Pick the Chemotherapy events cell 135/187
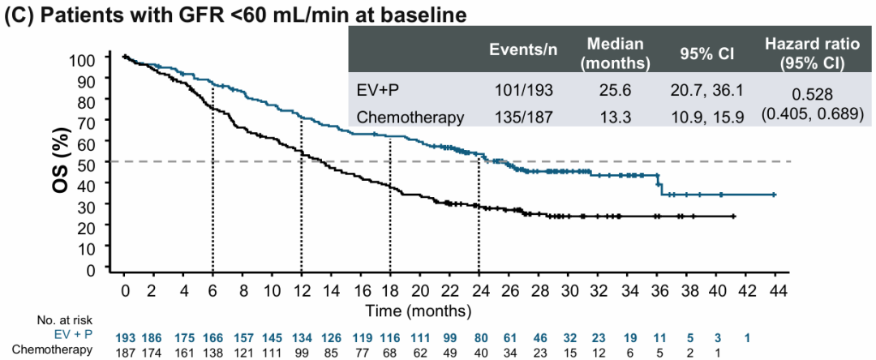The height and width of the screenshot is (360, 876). [524, 117]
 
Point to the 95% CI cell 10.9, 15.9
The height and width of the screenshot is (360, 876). [706, 117]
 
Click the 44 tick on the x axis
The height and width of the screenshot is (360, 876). [776, 291]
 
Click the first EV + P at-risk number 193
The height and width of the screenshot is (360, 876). [124, 336]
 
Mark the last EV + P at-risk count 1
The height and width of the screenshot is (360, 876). [747, 336]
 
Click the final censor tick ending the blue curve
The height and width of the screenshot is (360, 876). [775, 195]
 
